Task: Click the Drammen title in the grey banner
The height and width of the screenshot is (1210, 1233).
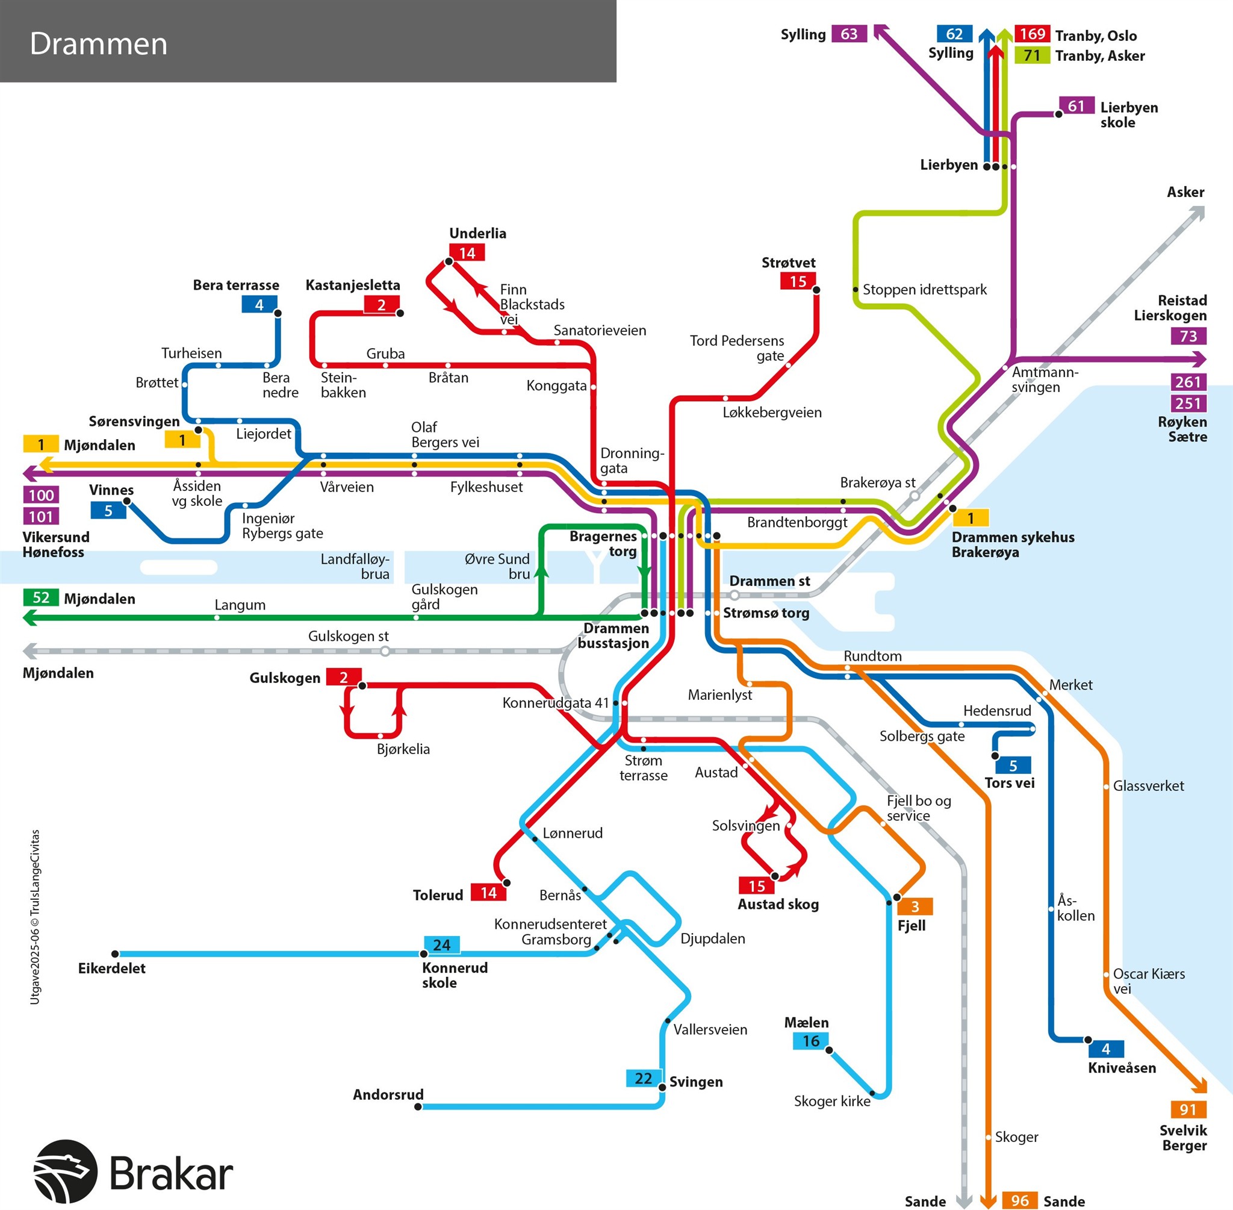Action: click(99, 44)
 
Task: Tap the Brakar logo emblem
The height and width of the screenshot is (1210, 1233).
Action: click(65, 1171)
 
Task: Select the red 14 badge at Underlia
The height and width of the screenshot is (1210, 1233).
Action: click(467, 253)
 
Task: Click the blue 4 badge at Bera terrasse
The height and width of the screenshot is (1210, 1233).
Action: click(259, 304)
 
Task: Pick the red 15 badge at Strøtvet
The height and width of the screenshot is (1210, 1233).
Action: click(798, 281)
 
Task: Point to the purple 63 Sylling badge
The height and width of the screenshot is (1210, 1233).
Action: click(849, 34)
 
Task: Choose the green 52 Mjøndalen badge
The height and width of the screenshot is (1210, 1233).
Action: click(41, 597)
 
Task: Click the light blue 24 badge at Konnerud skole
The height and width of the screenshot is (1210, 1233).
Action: click(441, 945)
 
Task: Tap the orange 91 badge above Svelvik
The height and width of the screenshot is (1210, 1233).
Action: click(1188, 1109)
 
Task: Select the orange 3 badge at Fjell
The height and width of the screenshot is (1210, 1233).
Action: click(915, 906)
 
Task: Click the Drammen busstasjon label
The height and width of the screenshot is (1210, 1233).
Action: click(613, 635)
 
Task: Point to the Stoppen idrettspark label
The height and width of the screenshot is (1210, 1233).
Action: click(924, 290)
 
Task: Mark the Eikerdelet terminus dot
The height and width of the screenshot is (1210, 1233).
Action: click(115, 954)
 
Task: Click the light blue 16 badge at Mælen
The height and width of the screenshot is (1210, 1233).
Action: click(810, 1041)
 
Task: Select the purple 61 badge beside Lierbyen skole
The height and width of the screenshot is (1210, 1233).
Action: click(1076, 105)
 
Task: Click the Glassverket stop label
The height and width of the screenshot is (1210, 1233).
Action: click(1148, 786)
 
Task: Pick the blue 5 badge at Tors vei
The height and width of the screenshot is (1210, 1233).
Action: click(1013, 766)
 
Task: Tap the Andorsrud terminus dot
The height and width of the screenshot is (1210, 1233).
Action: click(418, 1106)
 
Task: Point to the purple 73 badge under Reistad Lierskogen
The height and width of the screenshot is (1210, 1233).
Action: click(1188, 336)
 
